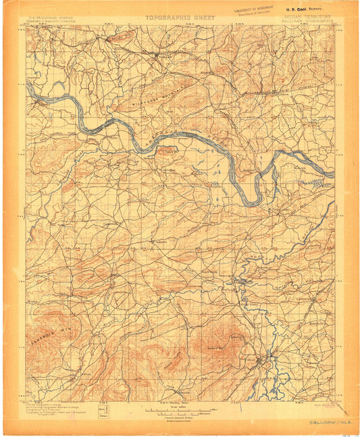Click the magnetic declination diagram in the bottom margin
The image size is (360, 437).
[103, 413]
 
